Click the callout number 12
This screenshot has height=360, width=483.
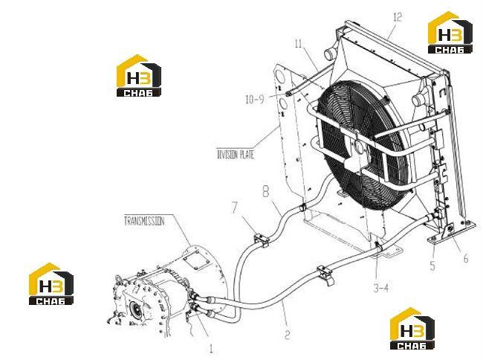tap(398, 17)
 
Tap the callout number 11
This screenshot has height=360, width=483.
tap(298, 44)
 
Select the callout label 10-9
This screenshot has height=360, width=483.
tap(255, 99)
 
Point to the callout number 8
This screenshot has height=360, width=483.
tap(265, 191)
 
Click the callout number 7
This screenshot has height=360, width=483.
tap(235, 208)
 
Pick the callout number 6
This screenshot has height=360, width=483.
tap(466, 259)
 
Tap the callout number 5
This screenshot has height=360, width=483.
tap(432, 266)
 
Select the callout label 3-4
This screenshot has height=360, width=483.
tap(381, 288)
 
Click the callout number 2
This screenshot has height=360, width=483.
tap(287, 335)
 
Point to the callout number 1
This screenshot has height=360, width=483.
tap(211, 349)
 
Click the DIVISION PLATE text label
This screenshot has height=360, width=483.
tap(236, 154)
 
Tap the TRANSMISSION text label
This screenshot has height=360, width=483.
tap(144, 221)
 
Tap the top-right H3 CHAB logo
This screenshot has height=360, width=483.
tap(450, 33)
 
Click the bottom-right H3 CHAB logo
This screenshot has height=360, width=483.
tap(412, 329)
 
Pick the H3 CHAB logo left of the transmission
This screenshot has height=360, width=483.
tap(51, 284)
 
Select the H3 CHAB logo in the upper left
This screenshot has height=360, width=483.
tap(139, 76)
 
